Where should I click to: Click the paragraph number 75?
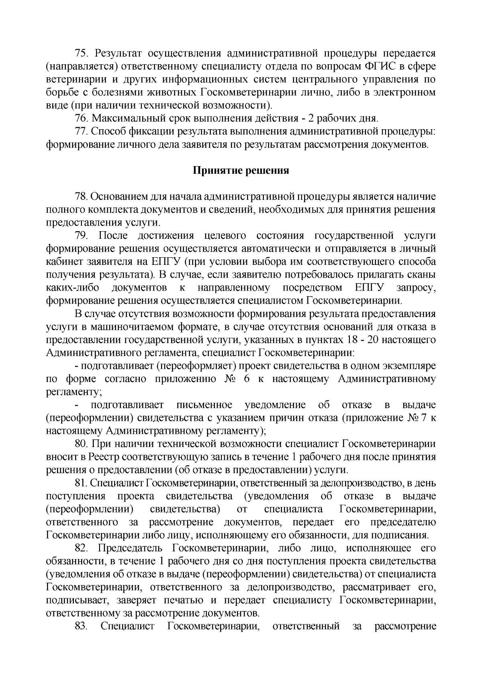pos(82,53)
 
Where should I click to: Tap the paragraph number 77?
pos(82,132)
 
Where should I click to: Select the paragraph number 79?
pos(82,236)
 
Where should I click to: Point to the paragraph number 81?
pos(82,483)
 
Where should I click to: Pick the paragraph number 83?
pos(82,626)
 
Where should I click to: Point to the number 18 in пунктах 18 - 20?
pos(349,340)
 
